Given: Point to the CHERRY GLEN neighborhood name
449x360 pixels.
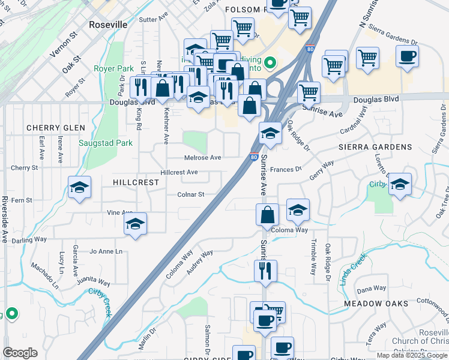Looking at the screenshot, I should (x=56, y=128).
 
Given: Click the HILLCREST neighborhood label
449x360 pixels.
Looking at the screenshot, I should (x=136, y=182).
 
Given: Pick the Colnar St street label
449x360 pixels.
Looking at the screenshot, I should (x=191, y=194).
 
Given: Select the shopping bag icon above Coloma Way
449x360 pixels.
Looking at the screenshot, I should (x=267, y=214).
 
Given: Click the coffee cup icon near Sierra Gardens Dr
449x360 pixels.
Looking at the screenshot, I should (x=407, y=56).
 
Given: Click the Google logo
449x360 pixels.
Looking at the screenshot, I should (x=20, y=353).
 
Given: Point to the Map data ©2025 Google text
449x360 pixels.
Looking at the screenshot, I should (x=411, y=355).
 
